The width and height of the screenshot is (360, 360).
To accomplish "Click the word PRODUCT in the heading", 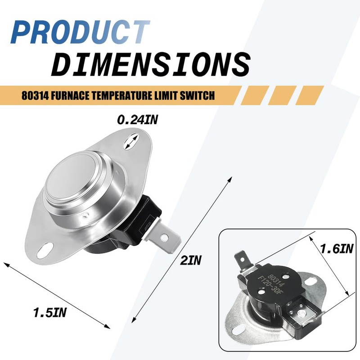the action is point(81,32).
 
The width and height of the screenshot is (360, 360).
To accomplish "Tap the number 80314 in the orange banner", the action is point(35,95).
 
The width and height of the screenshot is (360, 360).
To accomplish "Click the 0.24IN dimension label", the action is point(138,120).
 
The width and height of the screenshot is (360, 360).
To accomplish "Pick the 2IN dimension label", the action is point(190,261).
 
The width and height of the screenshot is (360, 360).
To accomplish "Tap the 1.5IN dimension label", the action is point(50,312).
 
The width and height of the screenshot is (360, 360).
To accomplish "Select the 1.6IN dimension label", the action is point(337,249).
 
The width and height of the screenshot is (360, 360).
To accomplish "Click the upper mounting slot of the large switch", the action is point(131,142).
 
